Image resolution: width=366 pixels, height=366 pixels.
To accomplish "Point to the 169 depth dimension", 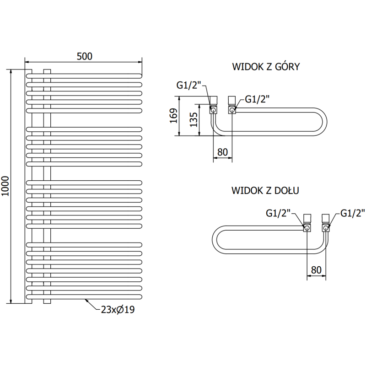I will pos(172,116).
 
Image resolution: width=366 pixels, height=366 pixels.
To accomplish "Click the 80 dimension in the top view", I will pos(223,151).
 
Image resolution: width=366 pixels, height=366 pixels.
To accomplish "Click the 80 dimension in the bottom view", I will pos(316,269).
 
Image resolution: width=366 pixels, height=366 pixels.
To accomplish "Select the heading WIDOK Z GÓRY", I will pos(266,67).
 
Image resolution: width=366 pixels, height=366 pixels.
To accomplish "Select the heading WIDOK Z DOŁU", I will pos(265,190).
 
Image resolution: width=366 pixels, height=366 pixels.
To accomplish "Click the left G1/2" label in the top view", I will pos(188,85).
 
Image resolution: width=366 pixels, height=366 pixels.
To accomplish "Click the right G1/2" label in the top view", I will pos(257,99).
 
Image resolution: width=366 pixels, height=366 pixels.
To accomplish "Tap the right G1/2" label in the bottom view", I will pos(353,213).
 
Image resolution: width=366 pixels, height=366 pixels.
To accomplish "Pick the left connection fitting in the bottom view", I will pos(307,223).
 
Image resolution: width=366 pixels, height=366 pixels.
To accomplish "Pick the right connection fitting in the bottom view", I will pos(325,223).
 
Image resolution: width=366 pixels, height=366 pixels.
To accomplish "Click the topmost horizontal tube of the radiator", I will pos(85,75).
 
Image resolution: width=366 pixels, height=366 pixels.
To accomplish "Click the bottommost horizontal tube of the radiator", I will pos(85,296).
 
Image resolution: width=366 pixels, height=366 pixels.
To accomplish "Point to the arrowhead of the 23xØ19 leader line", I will pos(86,300).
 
